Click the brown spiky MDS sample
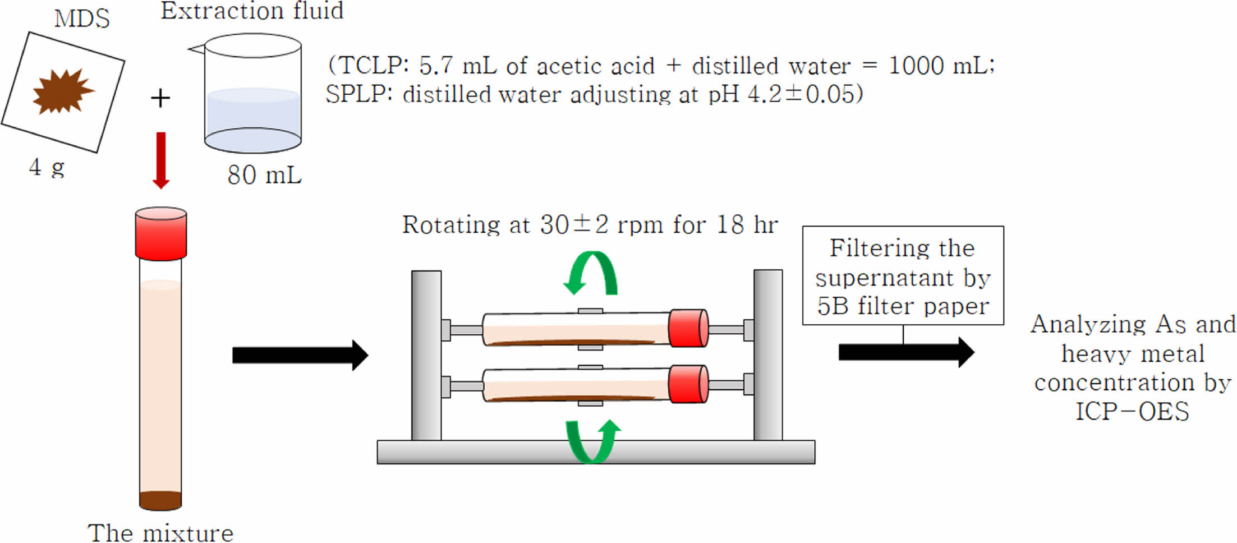click(62, 91)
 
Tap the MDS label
click(82, 19)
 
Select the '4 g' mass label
click(47, 167)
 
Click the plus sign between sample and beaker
click(160, 98)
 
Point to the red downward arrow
click(161, 160)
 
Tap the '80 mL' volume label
click(264, 175)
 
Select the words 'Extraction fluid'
click(252, 11)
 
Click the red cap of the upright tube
click(161, 233)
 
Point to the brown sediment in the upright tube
click(160, 500)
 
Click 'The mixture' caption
click(160, 533)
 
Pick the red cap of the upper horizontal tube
click(688, 328)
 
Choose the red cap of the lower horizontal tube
click(688, 384)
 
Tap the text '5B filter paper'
click(903, 306)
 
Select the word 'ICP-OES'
click(1132, 412)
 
